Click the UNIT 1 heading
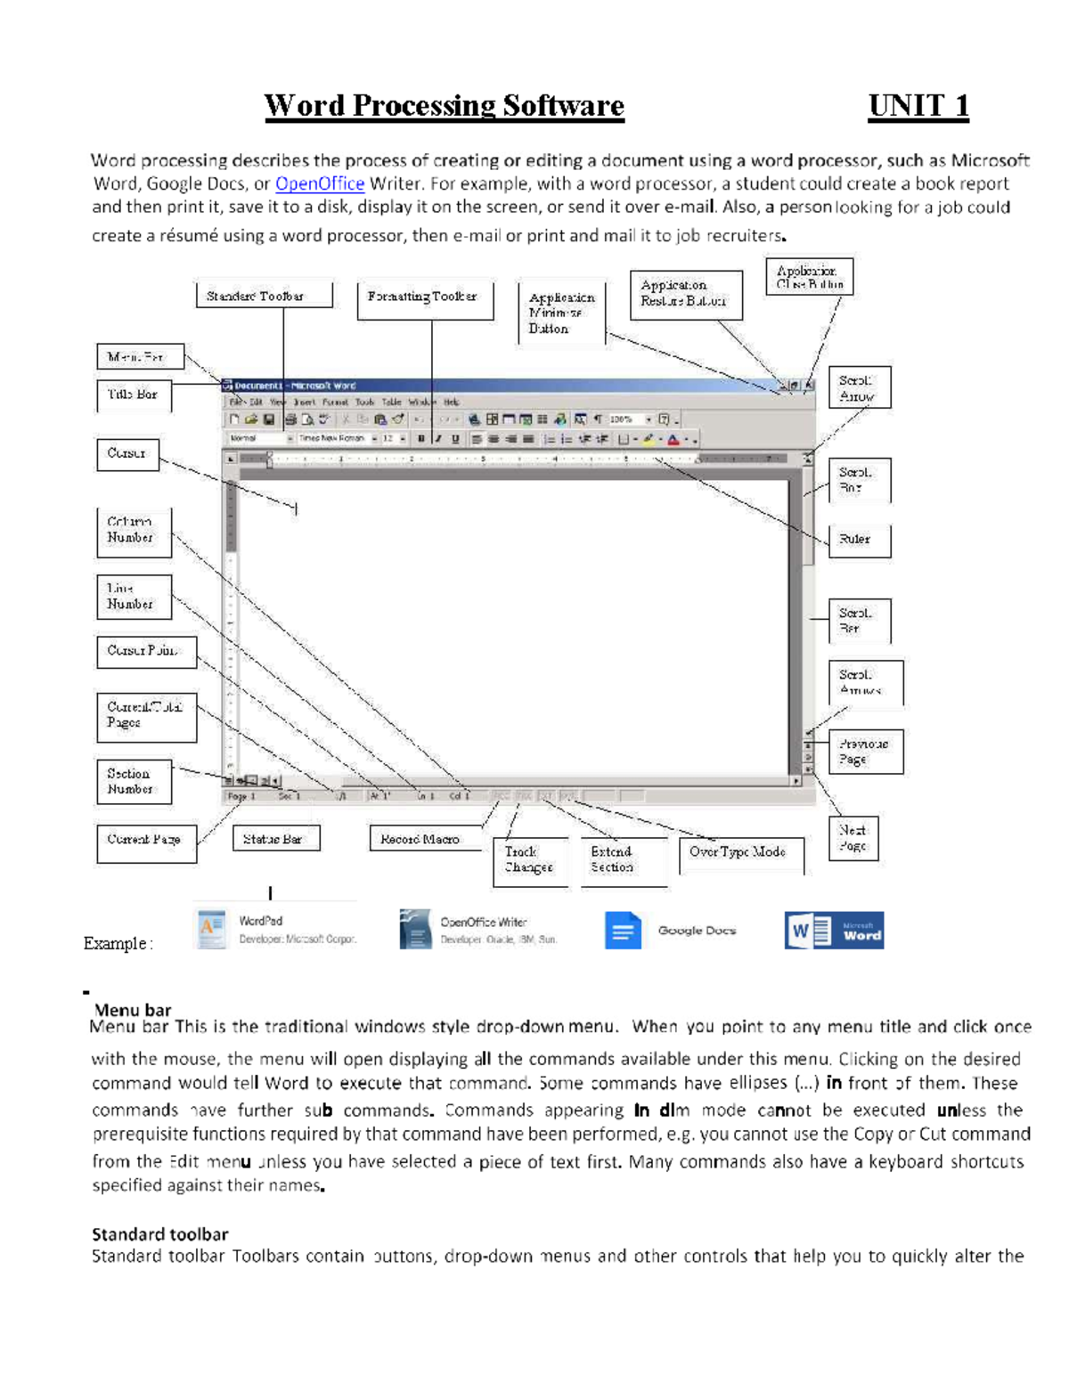click(x=918, y=106)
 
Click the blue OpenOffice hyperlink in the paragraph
click(x=319, y=183)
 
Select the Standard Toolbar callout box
click(x=264, y=296)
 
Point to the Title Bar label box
click(x=134, y=395)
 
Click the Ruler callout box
click(x=859, y=540)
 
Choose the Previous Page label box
click(x=865, y=752)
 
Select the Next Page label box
click(x=853, y=838)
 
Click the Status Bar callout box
click(x=275, y=839)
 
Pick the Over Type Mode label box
click(x=739, y=853)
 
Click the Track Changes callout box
click(x=530, y=860)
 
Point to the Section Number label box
click(x=133, y=781)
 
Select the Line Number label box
click(x=133, y=597)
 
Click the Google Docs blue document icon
click(x=623, y=931)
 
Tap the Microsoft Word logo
click(x=834, y=931)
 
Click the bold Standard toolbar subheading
click(x=160, y=1234)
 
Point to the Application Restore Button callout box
click(x=685, y=295)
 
